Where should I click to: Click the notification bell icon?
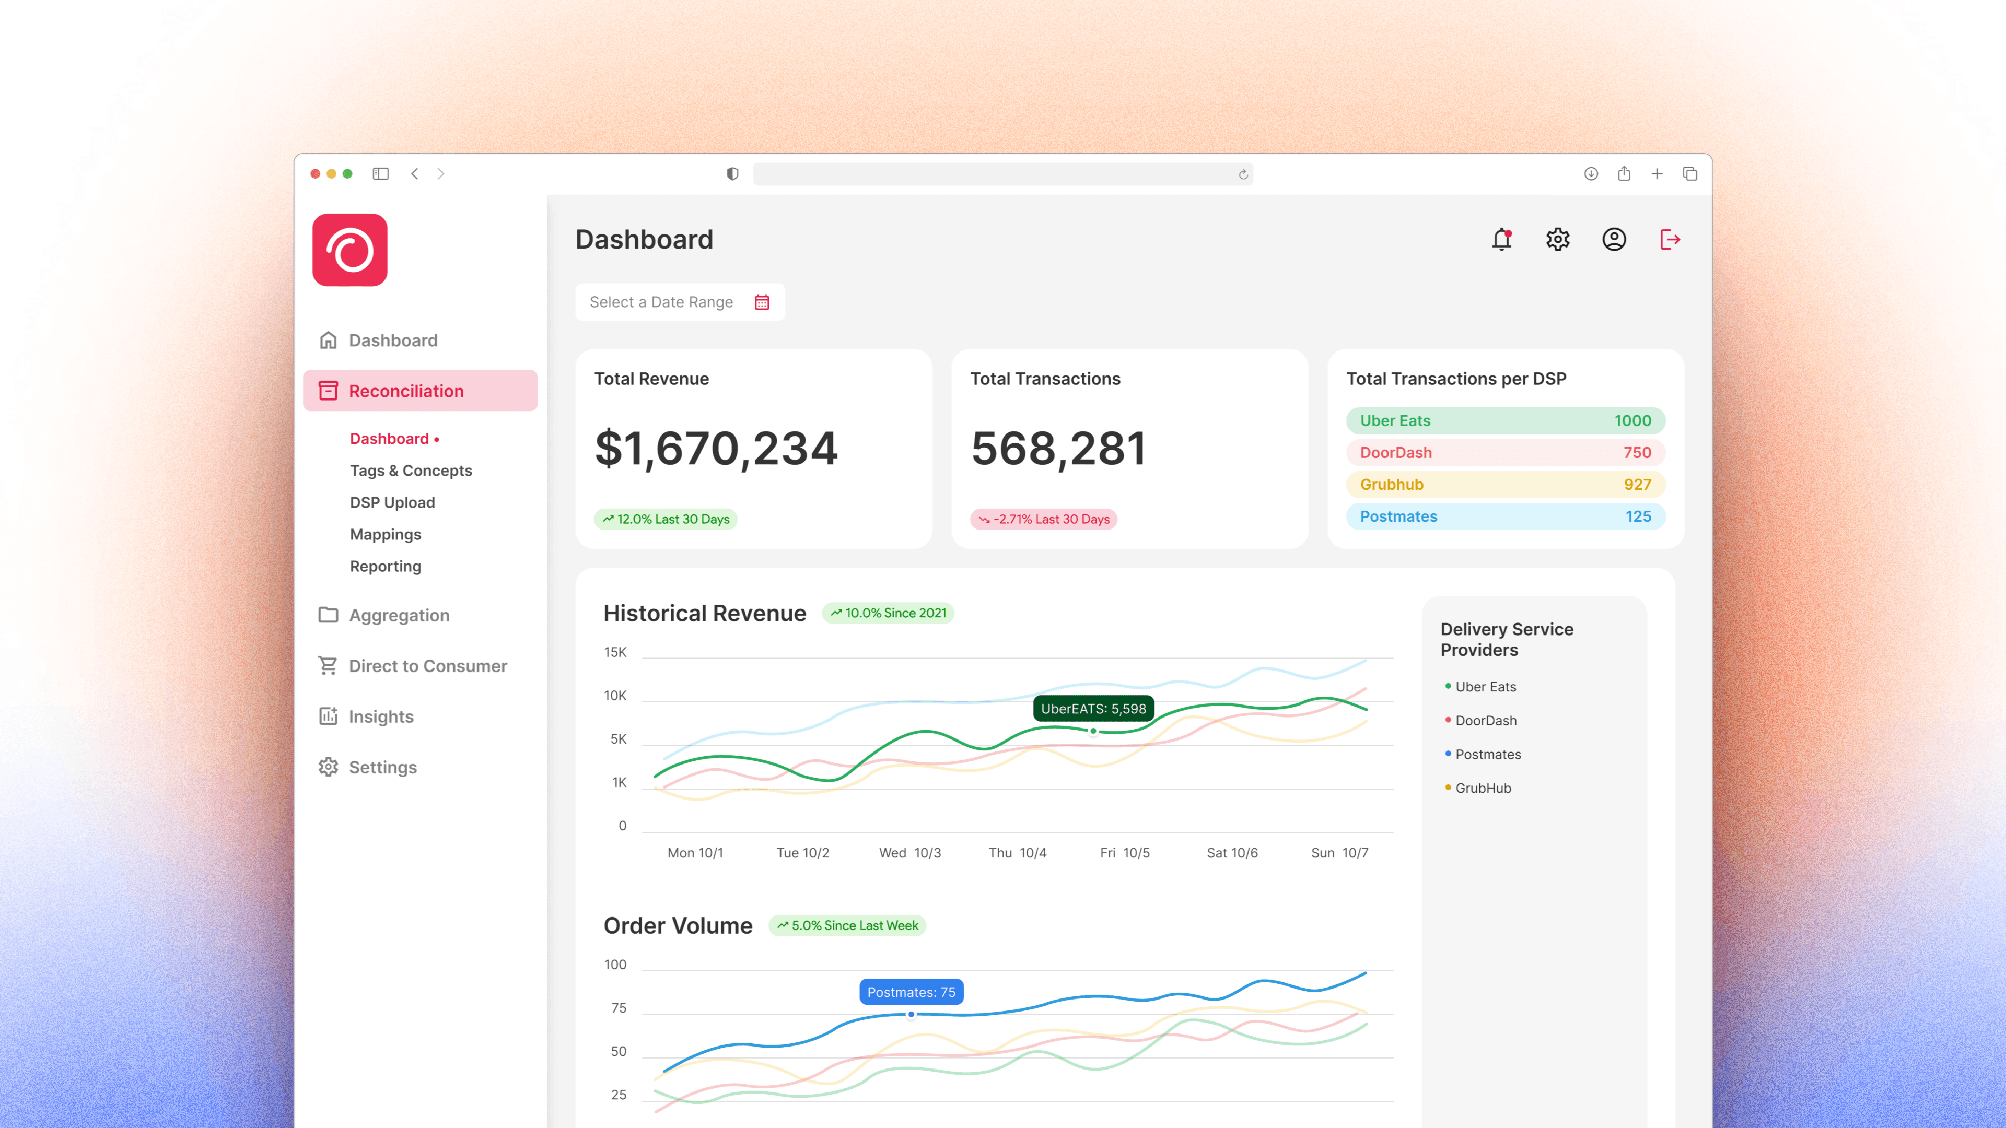tap(1501, 239)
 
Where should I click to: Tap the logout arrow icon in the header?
tap(1670, 239)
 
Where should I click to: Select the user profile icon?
tap(1614, 239)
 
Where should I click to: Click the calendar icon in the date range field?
tap(762, 302)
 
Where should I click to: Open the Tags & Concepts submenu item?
tap(411, 470)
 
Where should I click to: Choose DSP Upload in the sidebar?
tap(392, 502)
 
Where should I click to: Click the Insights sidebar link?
tap(381, 716)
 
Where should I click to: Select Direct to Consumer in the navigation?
tap(427, 666)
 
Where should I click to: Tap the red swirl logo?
tap(349, 250)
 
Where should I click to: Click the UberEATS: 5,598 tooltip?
tap(1092, 709)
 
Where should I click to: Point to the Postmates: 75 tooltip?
tap(911, 992)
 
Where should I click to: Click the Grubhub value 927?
tap(1637, 484)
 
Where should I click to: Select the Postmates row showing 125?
tap(1504, 516)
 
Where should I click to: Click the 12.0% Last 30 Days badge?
tap(666, 519)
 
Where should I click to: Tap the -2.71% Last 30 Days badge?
tap(1044, 519)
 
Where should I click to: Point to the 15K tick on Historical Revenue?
tap(615, 652)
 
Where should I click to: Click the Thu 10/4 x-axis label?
tap(1017, 852)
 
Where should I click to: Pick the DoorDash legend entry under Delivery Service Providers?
tap(1485, 720)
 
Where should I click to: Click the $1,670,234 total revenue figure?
tap(716, 449)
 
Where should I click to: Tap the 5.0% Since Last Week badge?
tap(847, 925)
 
